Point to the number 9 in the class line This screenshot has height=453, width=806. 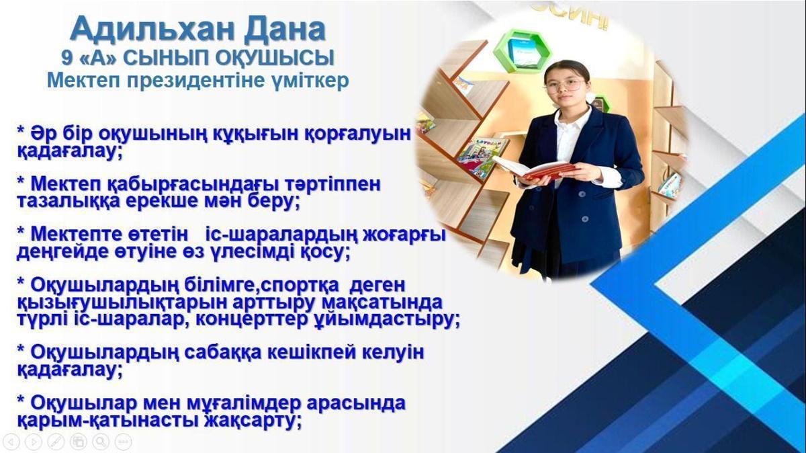click(67, 58)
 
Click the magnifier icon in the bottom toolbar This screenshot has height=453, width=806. click(101, 442)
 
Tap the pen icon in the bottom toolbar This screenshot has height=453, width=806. click(56, 442)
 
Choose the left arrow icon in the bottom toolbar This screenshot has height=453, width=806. click(11, 442)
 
